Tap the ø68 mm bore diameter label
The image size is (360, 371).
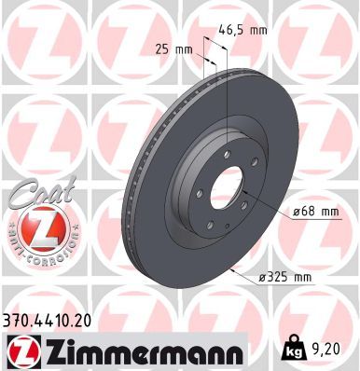[314, 212]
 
